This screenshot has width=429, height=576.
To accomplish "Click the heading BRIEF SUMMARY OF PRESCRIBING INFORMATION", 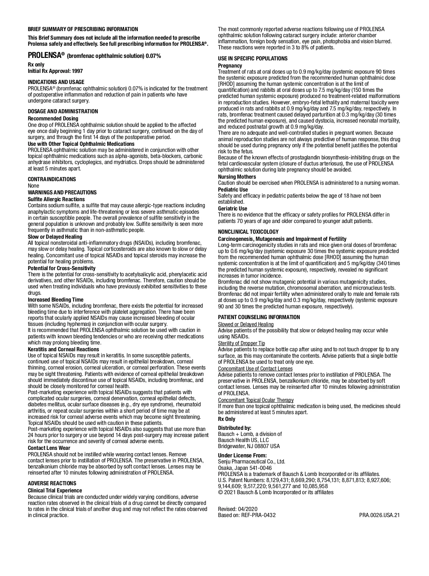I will point(83,29).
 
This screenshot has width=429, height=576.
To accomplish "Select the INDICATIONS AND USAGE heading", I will point(56,82).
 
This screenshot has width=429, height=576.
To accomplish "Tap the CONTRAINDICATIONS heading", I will point(52,179).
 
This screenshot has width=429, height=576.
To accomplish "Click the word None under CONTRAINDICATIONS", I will point(34,186).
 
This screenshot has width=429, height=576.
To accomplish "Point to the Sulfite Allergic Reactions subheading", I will point(56,199).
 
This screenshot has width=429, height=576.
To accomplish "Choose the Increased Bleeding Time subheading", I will point(56,299).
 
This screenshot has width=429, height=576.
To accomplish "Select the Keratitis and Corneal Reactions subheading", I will point(64,349).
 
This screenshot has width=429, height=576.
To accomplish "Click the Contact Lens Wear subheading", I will point(49,448).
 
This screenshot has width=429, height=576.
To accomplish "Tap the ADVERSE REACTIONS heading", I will point(52,483).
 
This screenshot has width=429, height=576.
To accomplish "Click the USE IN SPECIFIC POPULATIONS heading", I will point(253,58).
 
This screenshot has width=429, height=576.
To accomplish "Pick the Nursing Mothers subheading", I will point(237,177).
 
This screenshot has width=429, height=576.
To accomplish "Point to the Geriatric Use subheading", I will point(233,208).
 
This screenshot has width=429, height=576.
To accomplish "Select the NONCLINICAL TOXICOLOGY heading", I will point(248,232).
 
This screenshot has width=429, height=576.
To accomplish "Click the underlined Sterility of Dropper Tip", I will point(242,343).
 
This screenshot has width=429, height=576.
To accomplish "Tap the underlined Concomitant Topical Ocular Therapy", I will point(256,400).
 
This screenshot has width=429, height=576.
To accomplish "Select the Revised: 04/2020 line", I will point(238,509).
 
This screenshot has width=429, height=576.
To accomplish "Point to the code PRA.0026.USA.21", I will point(379,515).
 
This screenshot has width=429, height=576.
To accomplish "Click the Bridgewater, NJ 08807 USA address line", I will point(249,446).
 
